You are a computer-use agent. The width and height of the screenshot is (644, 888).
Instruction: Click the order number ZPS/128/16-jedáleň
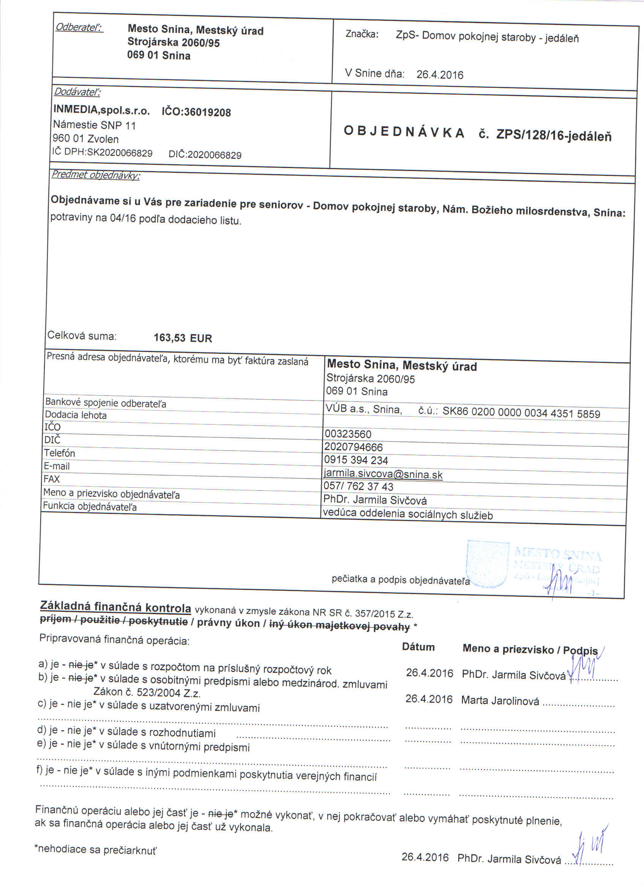(554, 135)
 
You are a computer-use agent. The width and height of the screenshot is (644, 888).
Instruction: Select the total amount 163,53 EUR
(183, 338)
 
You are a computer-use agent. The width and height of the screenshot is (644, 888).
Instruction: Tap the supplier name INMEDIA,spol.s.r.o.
(102, 111)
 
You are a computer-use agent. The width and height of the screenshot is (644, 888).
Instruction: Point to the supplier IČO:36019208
(196, 113)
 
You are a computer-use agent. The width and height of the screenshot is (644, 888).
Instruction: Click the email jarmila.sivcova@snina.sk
(383, 474)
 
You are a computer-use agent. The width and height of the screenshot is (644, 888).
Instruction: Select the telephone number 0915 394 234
(356, 460)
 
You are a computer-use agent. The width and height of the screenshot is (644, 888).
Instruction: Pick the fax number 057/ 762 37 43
(358, 487)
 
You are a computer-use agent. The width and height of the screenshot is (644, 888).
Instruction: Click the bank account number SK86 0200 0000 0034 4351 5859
(521, 414)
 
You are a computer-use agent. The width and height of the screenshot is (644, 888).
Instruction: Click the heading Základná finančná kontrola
(115, 607)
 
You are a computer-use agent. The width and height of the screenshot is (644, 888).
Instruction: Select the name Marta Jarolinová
(500, 701)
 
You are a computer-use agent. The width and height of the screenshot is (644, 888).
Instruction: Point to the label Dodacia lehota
(76, 415)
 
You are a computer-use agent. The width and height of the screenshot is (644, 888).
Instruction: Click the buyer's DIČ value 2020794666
(354, 447)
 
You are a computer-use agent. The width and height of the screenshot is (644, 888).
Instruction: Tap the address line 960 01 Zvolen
(86, 139)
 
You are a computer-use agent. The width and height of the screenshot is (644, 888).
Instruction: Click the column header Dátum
(418, 647)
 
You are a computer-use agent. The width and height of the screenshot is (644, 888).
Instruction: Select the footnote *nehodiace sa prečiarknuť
(95, 850)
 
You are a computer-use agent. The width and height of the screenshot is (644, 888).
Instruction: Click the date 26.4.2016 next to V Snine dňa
(439, 75)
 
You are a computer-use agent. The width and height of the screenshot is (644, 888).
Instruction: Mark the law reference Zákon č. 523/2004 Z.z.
(147, 692)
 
